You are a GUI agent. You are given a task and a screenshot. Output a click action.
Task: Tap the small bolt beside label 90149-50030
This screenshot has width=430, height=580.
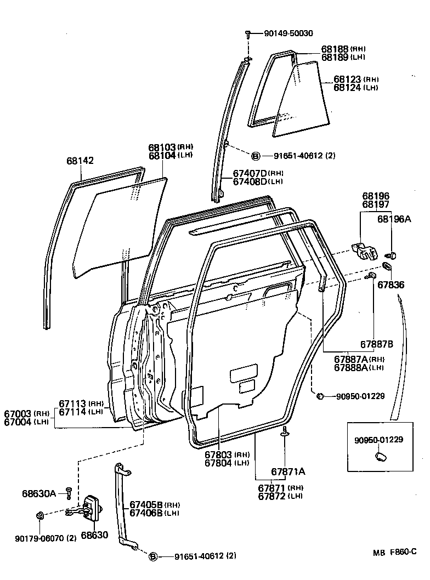point(248,34)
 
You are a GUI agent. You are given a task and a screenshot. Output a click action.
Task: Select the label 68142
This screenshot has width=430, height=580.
point(80,161)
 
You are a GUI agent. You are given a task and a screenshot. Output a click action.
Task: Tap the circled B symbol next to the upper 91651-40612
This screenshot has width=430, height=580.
point(256,156)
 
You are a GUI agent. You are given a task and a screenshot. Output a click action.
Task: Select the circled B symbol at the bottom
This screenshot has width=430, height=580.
point(154,556)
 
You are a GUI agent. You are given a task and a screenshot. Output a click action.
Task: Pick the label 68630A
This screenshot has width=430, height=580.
point(39,493)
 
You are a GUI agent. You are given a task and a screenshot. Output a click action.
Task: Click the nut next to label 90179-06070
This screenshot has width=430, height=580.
point(40,515)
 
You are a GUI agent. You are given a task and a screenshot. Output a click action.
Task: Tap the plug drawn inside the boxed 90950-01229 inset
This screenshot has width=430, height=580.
point(379,456)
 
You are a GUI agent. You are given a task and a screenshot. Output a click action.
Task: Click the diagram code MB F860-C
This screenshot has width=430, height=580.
point(395,553)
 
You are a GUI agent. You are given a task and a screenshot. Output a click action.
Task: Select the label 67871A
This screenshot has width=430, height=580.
point(288,471)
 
